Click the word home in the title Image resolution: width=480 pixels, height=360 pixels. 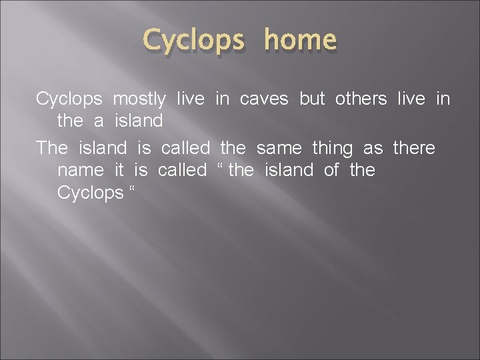coord(300,41)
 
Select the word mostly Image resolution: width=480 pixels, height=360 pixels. coord(139,99)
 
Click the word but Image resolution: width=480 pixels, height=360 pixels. coord(312,99)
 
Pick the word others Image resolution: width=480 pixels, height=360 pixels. coord(361,99)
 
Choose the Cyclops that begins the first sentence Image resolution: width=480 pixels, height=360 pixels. coord(69,99)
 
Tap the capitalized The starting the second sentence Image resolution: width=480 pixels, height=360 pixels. coord(52,147)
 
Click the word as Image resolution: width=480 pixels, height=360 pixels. coord(373,147)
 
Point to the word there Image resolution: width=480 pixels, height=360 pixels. coord(414,147)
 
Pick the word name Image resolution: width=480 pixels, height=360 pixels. coord(81,171)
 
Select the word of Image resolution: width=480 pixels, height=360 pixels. coord(331,171)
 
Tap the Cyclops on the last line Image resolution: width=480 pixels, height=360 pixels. coord(91,193)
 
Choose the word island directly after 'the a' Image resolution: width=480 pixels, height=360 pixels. coord(139,123)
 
